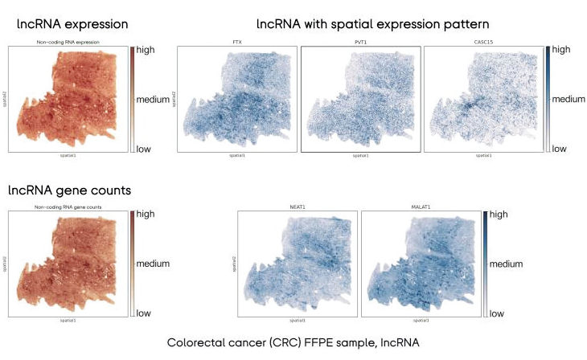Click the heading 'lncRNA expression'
point(72,25)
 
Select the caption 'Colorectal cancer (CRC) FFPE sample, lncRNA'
point(293,342)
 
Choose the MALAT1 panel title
point(422,207)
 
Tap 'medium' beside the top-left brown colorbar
point(154,100)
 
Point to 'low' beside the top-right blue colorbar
point(559,149)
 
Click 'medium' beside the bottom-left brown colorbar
point(154,264)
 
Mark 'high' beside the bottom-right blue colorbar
point(499,215)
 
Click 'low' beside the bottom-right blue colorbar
point(498,313)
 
